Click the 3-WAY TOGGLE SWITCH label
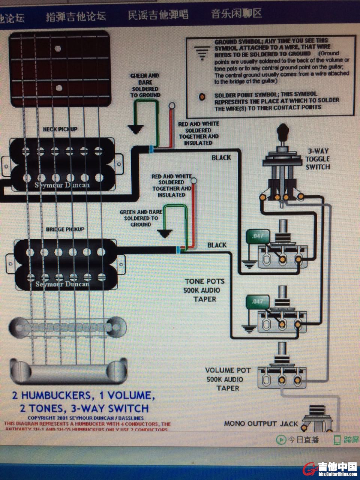(318, 159)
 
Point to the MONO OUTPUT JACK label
(261, 424)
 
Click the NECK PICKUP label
(60, 129)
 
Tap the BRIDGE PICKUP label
(65, 229)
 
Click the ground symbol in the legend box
(202, 54)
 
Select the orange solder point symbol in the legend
(202, 97)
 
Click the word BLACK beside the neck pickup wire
(221, 157)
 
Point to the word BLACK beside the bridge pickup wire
(217, 245)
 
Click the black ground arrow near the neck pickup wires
(135, 129)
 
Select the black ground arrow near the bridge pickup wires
(164, 234)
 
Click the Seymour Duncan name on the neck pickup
(62, 185)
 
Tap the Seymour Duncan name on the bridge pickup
(62, 284)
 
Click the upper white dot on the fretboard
(58, 48)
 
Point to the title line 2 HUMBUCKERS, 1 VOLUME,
(83, 395)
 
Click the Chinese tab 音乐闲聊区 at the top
(236, 14)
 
